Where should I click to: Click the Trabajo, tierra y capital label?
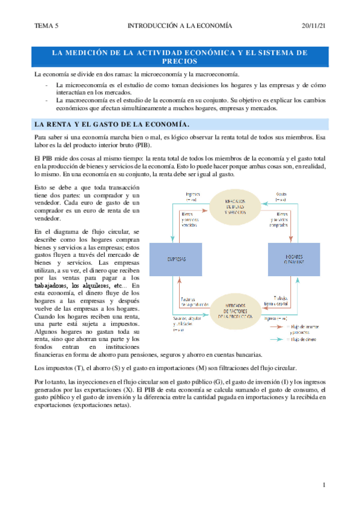281,301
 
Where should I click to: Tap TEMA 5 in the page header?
47,26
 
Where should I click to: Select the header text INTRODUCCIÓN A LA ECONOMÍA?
180,26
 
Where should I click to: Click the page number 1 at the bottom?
323,485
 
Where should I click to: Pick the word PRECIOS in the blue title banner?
180,61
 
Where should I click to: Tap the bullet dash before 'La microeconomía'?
47,85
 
